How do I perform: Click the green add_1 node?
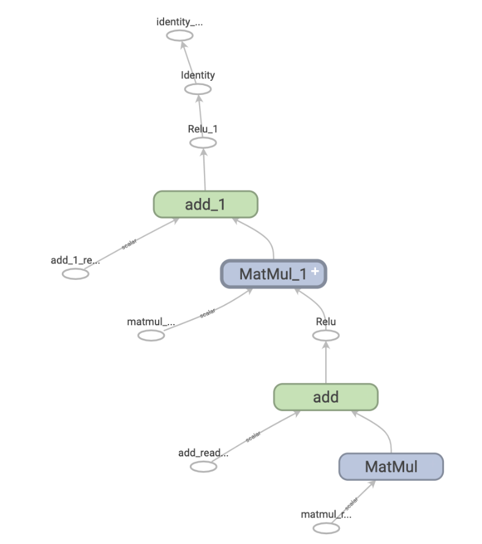pos(205,204)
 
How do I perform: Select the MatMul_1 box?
pos(273,274)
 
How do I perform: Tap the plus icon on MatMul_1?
pos(315,271)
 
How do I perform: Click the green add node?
pos(326,397)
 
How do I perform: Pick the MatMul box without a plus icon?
pos(391,467)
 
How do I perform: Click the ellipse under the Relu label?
pos(326,335)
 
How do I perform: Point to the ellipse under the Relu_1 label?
pos(203,143)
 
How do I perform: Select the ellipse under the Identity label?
pos(198,89)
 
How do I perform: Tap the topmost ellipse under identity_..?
pos(180,36)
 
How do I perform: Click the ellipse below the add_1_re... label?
pos(75,273)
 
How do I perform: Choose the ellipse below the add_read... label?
pos(203,467)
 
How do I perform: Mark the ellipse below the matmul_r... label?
pos(326,528)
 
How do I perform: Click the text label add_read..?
pos(203,453)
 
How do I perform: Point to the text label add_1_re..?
pos(75,260)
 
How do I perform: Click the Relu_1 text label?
pos(203,129)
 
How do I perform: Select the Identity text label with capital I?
pos(198,75)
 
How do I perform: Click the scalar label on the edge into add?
pos(253,437)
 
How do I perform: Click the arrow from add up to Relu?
pos(326,365)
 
